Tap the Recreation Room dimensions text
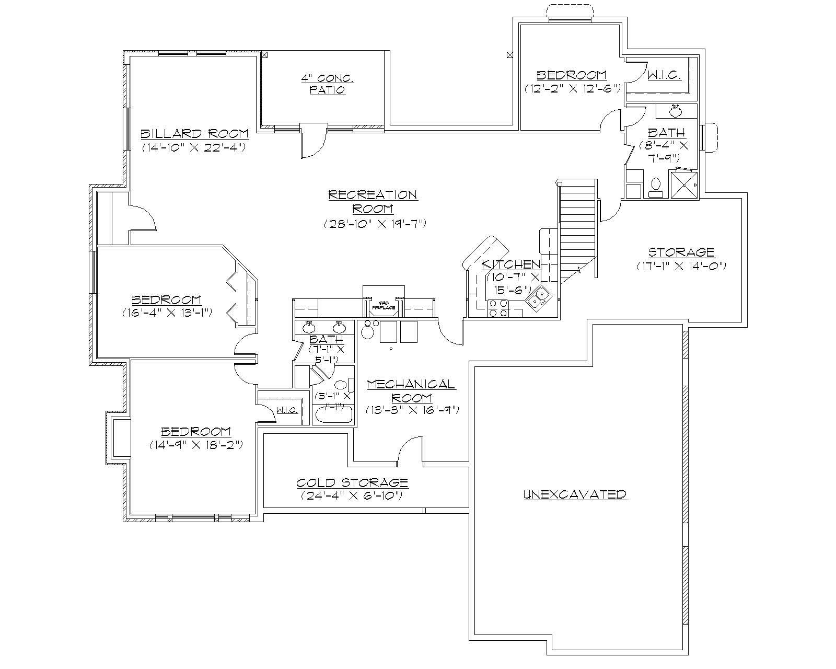(x=375, y=224)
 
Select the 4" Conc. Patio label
(x=327, y=84)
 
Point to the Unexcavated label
(x=575, y=494)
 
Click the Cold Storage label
(x=352, y=482)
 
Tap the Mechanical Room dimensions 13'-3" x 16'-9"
(x=412, y=410)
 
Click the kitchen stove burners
(x=497, y=308)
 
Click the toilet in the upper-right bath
(x=656, y=186)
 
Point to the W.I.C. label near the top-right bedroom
(x=664, y=76)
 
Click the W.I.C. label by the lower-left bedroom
(x=287, y=410)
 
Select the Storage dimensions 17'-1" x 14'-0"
(x=681, y=266)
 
